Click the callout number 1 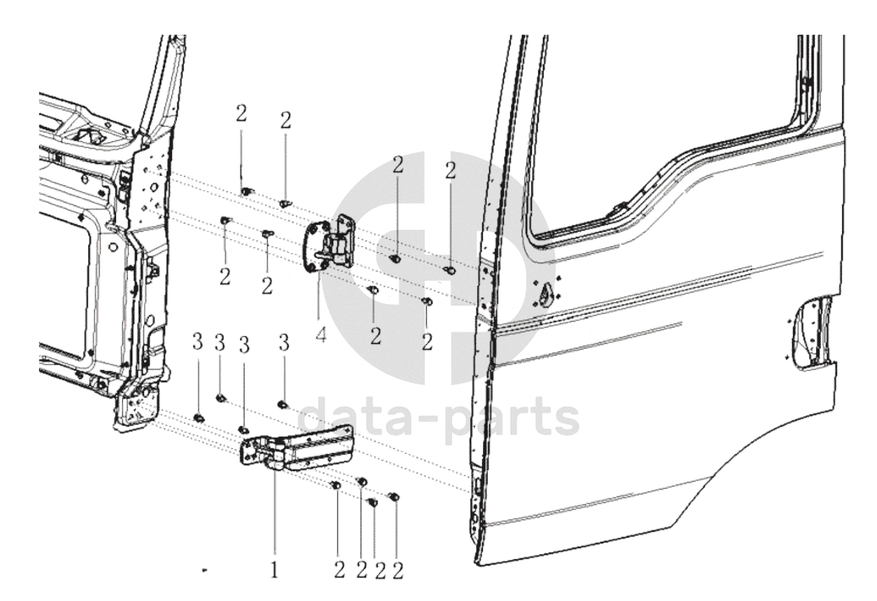point(274,571)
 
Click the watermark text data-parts point(438,416)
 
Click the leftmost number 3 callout point(197,343)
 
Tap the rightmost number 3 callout point(284,343)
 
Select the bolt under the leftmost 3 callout point(198,417)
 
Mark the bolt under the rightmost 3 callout point(283,403)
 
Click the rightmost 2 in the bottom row point(398,571)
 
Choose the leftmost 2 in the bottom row point(339,571)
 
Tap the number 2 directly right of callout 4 point(375,336)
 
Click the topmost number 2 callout point(241,114)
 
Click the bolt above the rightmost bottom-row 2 point(394,496)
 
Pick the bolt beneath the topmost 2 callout point(245,192)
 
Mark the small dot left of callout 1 point(205,571)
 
